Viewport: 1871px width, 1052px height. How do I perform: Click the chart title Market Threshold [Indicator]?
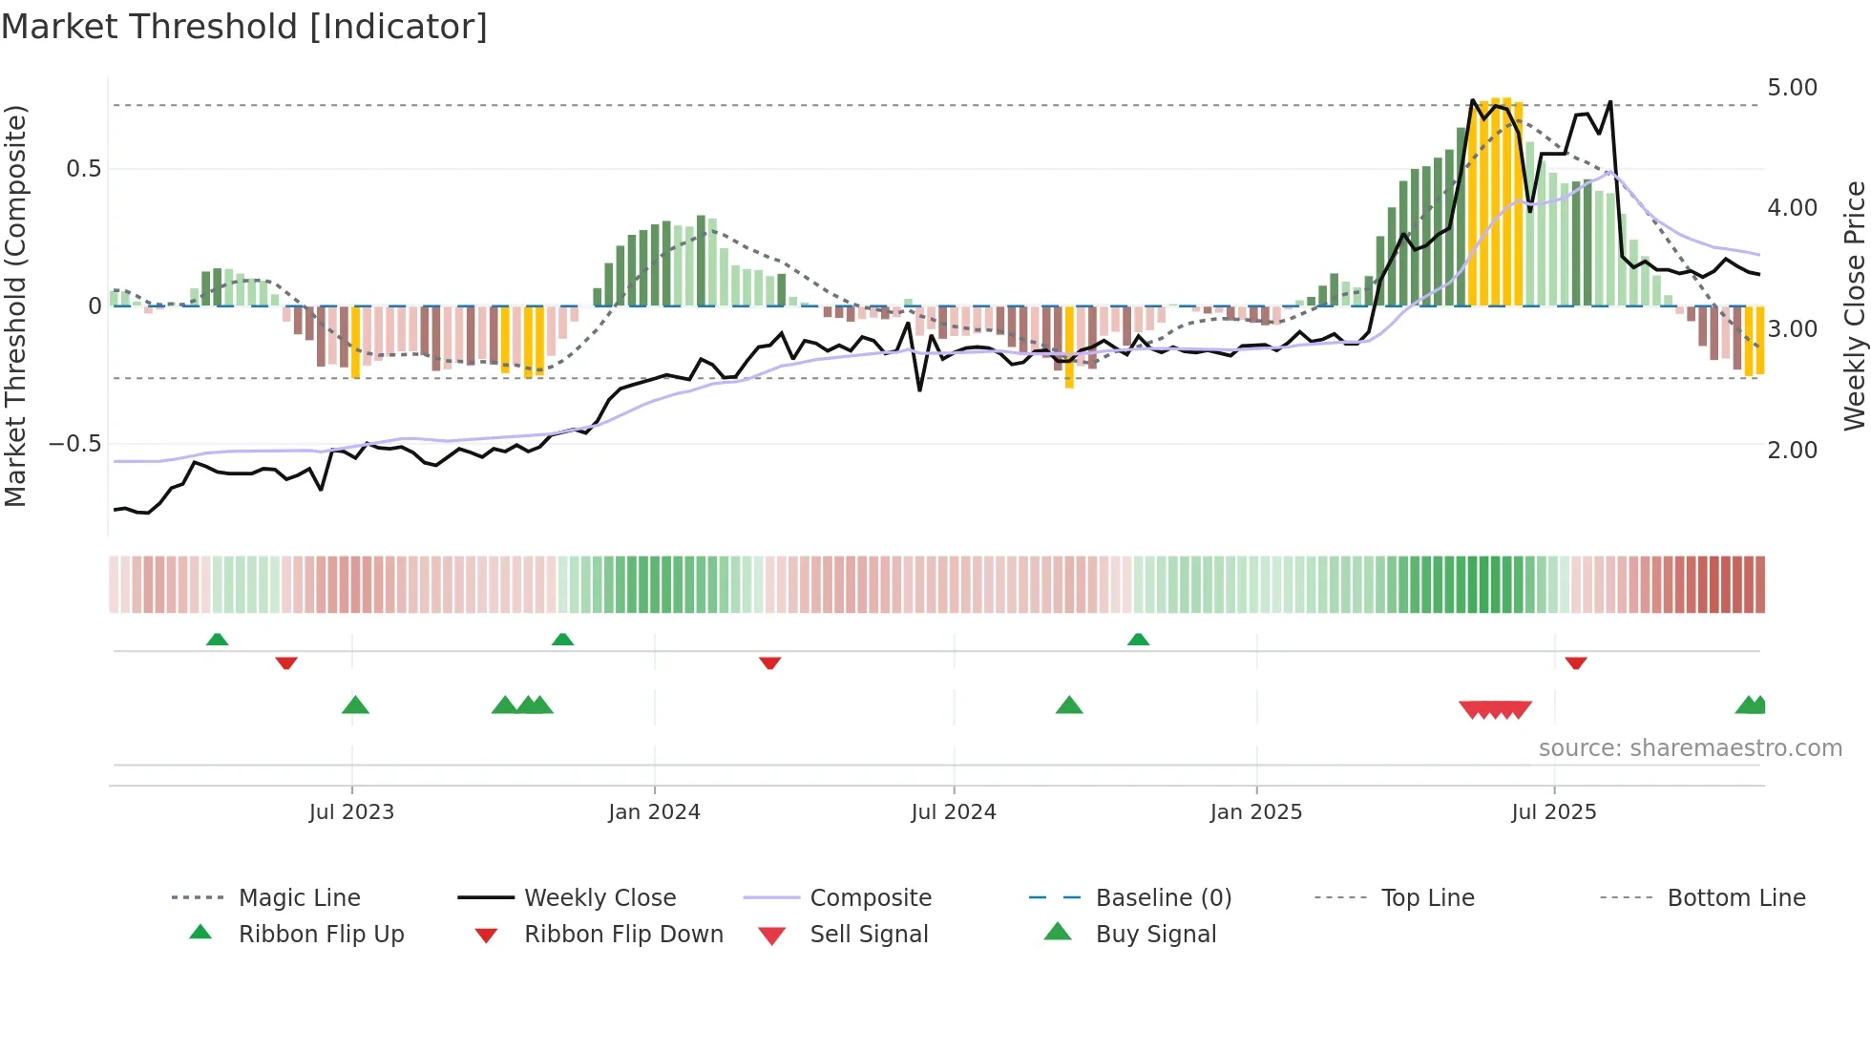[244, 27]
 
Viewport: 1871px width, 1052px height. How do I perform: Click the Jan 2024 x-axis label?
[654, 812]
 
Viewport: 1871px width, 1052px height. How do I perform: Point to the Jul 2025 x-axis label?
[1553, 812]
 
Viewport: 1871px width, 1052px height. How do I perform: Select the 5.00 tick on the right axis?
[1792, 88]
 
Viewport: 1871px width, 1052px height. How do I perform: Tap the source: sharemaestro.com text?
[1690, 748]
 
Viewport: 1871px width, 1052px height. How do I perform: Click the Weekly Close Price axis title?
[1854, 305]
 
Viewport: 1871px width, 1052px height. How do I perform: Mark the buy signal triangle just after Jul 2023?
[355, 705]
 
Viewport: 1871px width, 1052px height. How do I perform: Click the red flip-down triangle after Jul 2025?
[1576, 663]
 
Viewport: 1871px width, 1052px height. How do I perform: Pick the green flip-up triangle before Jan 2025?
[1138, 640]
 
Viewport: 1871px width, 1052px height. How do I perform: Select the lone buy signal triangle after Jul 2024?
[1069, 705]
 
